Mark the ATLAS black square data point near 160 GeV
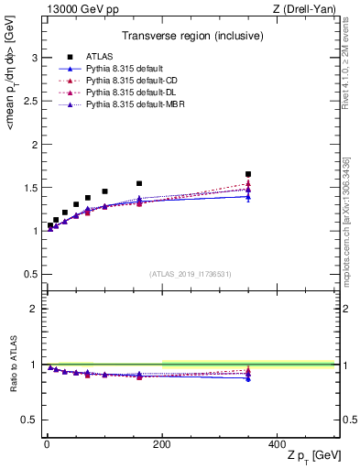tap(139, 183)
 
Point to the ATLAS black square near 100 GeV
tap(104, 191)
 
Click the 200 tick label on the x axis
tap(162, 443)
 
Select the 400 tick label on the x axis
tap(277, 443)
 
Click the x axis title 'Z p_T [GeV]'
tap(311, 455)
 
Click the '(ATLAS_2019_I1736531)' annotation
tap(189, 274)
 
